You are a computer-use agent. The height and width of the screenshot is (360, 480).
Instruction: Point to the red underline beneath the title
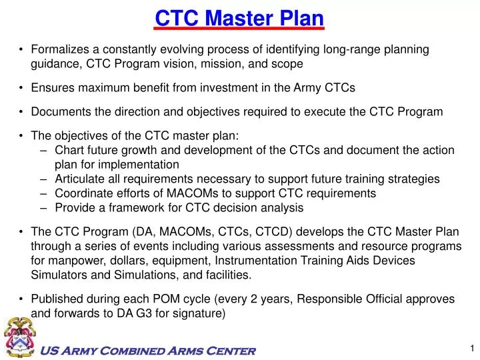(x=239, y=29)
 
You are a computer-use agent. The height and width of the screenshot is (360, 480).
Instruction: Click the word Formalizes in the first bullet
(x=57, y=50)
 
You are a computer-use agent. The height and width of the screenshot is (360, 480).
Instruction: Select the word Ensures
(x=53, y=87)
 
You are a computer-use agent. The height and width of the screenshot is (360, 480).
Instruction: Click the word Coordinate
(x=83, y=193)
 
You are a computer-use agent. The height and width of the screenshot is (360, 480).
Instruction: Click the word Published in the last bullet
(x=57, y=299)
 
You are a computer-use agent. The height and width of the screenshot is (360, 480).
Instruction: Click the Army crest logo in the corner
(x=20, y=337)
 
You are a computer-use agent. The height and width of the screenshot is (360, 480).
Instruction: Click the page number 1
(x=471, y=347)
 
